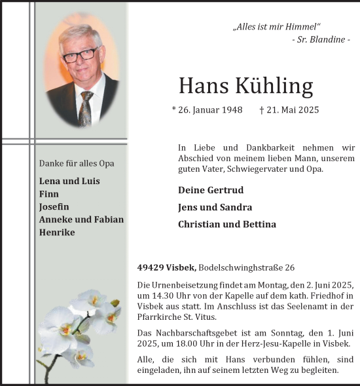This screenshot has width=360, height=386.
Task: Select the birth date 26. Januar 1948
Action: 207,110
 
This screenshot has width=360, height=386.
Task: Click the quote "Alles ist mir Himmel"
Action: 277,27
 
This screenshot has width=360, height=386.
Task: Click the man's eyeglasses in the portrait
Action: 80,54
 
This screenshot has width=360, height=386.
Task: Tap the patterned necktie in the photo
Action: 86,107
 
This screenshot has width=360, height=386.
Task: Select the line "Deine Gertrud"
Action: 210,190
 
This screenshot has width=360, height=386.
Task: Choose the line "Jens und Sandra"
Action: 215,207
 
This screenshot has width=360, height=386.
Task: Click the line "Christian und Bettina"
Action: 226,224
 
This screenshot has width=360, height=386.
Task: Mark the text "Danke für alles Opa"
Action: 81,163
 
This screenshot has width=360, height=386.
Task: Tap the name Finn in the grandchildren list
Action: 49,194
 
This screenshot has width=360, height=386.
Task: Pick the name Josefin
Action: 54,206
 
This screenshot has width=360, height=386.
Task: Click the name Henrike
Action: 57,232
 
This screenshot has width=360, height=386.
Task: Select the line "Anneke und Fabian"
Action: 81,220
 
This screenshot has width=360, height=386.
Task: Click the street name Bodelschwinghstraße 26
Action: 245,267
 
